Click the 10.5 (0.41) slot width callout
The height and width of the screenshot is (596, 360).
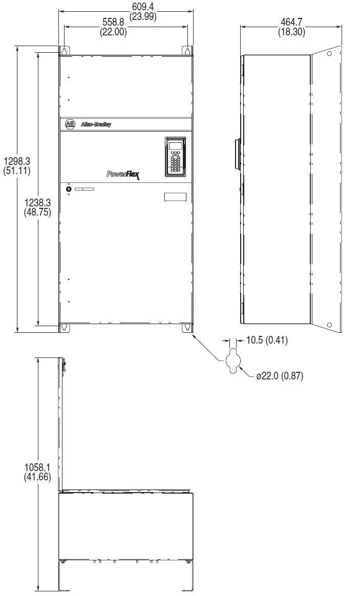pyautogui.click(x=266, y=340)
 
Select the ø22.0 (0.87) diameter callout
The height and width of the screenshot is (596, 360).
pyautogui.click(x=280, y=376)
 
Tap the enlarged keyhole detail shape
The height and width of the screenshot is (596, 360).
pyautogui.click(x=232, y=360)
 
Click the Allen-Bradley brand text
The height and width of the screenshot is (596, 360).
pyautogui.click(x=95, y=124)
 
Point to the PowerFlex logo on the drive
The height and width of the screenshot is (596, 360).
pyautogui.click(x=123, y=175)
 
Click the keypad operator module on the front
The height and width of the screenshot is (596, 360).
pyautogui.click(x=175, y=157)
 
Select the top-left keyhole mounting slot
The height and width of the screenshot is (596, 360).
pyautogui.click(x=64, y=51)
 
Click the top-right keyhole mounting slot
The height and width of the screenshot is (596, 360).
pyautogui.click(x=187, y=51)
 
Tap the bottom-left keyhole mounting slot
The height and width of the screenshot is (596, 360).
pyautogui.click(x=64, y=327)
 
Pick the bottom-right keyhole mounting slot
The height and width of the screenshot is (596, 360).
pyautogui.click(x=187, y=327)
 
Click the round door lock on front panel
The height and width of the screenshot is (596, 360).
pyautogui.click(x=69, y=189)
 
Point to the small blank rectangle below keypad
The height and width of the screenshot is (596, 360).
pyautogui.click(x=175, y=197)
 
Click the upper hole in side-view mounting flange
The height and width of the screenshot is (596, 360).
pyautogui.click(x=330, y=54)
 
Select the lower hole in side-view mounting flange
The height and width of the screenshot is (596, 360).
pyautogui.click(x=330, y=325)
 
